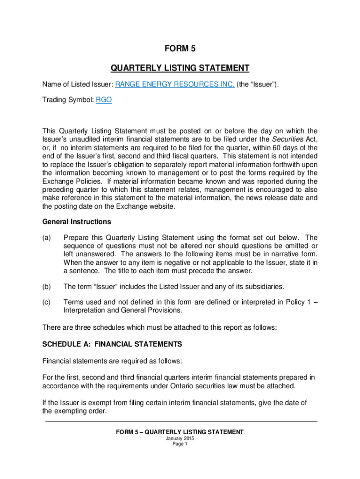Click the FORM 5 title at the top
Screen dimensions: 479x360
pyautogui.click(x=180, y=48)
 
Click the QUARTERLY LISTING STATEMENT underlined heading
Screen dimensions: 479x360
pyautogui.click(x=180, y=68)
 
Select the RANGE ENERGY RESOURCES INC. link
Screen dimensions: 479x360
pyautogui.click(x=175, y=84)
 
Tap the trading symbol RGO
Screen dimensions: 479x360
pyautogui.click(x=104, y=100)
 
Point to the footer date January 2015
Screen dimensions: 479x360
pyautogui.click(x=180, y=438)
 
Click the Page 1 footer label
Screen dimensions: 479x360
pyautogui.click(x=180, y=444)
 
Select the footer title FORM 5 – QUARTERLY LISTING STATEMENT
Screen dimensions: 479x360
pyautogui.click(x=180, y=432)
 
